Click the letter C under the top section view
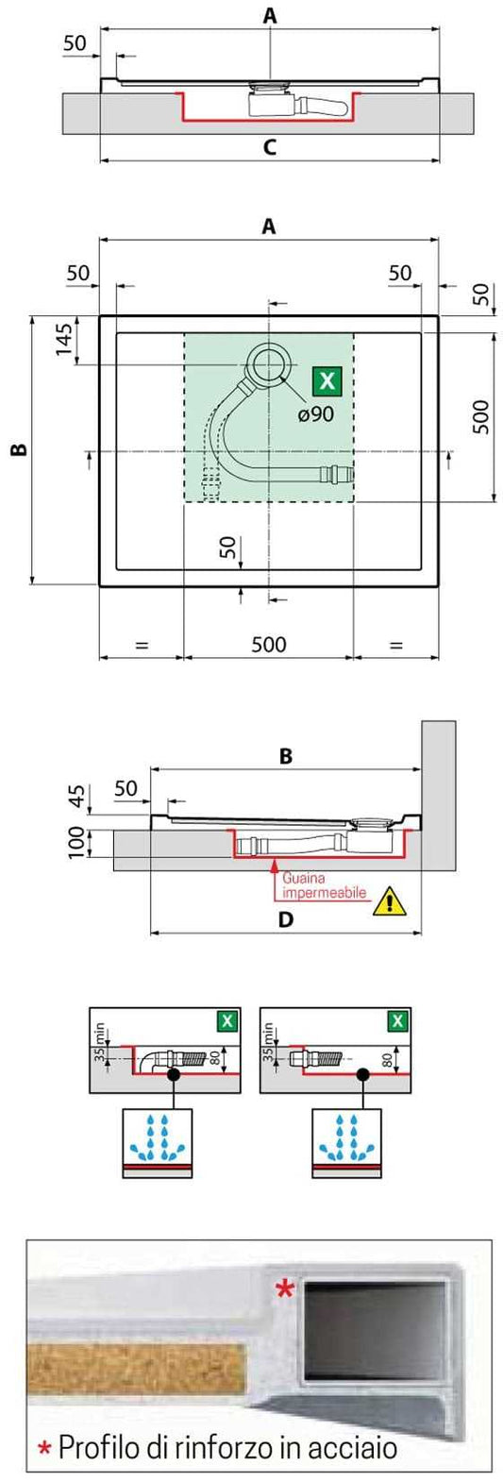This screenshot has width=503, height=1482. click(x=270, y=146)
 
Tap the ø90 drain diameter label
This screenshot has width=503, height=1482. click(x=316, y=413)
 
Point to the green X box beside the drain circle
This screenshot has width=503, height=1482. click(x=327, y=381)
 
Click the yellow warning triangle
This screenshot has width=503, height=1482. click(x=387, y=901)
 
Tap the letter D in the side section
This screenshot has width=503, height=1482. click(x=285, y=919)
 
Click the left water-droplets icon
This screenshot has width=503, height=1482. click(x=158, y=1139)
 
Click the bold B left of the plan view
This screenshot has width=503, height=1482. click(x=18, y=449)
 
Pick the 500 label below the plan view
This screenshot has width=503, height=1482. click(x=269, y=645)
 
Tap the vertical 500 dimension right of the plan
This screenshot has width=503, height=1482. click(x=480, y=416)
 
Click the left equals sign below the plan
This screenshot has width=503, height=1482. click(x=142, y=646)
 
